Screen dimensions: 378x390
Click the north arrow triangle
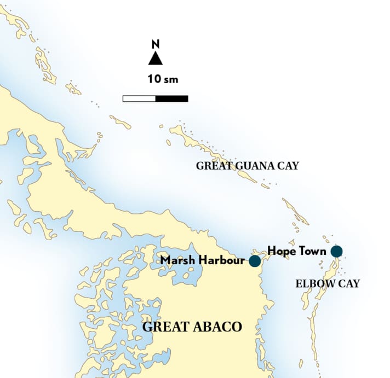point(156,59)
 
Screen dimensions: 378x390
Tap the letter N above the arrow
point(156,44)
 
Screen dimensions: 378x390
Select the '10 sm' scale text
point(163,79)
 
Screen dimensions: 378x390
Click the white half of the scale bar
point(139,99)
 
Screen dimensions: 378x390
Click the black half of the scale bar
point(172,99)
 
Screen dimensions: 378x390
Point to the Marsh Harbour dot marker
point(255,261)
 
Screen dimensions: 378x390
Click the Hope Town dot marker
point(336,251)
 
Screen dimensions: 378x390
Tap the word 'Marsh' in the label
point(175,260)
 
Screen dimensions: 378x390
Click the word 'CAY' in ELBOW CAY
point(349,283)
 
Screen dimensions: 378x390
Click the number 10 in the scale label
point(153,79)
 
